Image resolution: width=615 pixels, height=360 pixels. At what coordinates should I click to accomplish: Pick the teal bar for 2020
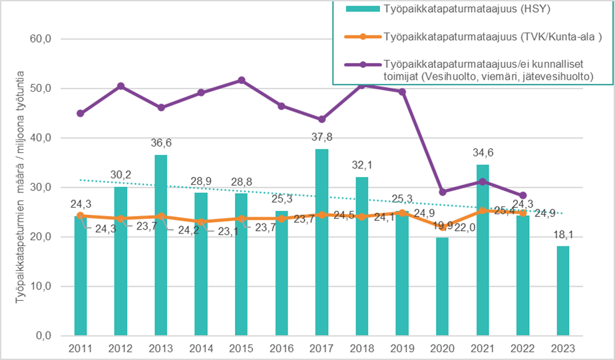(443, 286)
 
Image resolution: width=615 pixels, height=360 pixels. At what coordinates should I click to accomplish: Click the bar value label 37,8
(322, 137)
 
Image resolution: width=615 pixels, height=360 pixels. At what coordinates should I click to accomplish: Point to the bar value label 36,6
(162, 143)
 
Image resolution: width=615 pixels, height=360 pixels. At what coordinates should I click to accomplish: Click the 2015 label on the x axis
(242, 348)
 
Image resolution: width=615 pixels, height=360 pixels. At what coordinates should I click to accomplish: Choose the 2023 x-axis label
(564, 348)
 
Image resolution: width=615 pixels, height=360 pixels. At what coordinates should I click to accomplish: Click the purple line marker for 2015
(242, 81)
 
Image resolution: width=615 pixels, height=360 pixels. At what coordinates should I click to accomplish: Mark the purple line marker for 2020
(443, 192)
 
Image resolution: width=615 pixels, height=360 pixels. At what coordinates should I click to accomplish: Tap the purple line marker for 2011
(81, 113)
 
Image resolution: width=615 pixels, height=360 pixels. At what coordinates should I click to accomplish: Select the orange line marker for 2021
(483, 211)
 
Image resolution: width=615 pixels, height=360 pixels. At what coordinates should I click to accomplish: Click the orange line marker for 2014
(201, 222)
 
